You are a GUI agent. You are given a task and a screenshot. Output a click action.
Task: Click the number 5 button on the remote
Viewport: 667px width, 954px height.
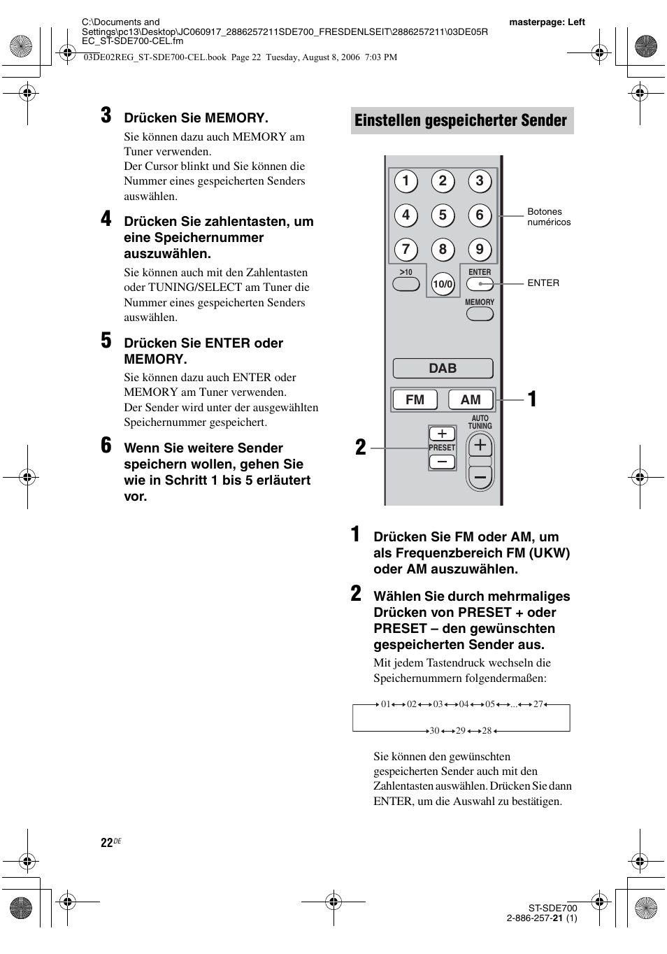coord(443,215)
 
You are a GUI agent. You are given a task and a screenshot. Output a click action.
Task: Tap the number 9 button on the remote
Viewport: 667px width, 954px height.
coord(479,249)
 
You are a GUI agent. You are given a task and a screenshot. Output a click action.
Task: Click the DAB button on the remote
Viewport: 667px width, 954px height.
coord(443,369)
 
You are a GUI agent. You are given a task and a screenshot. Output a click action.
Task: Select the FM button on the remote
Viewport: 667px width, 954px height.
coord(415,399)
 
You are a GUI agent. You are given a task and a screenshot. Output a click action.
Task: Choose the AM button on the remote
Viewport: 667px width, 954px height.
coord(471,399)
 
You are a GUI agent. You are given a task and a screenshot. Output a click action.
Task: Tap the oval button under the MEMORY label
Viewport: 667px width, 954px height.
coord(480,314)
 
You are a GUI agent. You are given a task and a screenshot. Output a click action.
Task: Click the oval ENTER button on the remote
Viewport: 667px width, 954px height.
coord(480,283)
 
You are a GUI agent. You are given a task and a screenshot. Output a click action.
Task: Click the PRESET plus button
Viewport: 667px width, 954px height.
coord(442,434)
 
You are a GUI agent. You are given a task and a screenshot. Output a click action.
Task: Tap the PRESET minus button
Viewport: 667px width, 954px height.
coord(442,462)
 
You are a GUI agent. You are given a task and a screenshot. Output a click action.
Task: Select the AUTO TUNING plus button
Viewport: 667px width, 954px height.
coord(480,446)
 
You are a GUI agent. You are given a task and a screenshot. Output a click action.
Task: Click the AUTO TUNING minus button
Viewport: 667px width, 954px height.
coord(480,477)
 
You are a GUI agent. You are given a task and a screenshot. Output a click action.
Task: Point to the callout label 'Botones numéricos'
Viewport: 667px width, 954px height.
coord(549,217)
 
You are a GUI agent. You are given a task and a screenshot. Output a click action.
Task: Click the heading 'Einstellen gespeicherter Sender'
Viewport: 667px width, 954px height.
coord(461,120)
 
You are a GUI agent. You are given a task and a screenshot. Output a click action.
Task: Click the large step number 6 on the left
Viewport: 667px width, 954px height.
coord(106,446)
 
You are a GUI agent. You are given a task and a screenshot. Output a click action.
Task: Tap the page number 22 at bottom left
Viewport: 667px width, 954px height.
coord(106,843)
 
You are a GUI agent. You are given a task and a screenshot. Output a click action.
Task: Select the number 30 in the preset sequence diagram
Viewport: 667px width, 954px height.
coord(434,730)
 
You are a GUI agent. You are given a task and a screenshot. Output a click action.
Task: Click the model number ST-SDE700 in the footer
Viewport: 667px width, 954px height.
coord(552,909)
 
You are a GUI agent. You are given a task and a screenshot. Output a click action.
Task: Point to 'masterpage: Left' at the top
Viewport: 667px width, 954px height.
coord(547,22)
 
